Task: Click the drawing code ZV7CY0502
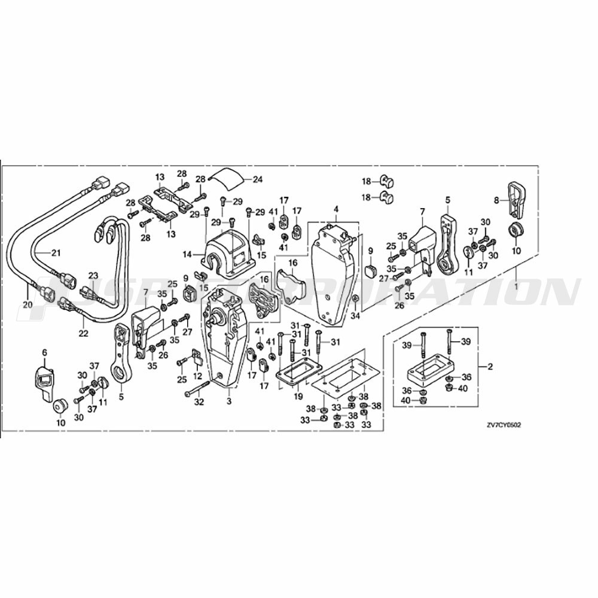pos(504,425)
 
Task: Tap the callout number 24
pos(258,179)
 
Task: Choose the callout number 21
pos(56,253)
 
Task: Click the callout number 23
pos(93,275)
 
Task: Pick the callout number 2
pos(491,367)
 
